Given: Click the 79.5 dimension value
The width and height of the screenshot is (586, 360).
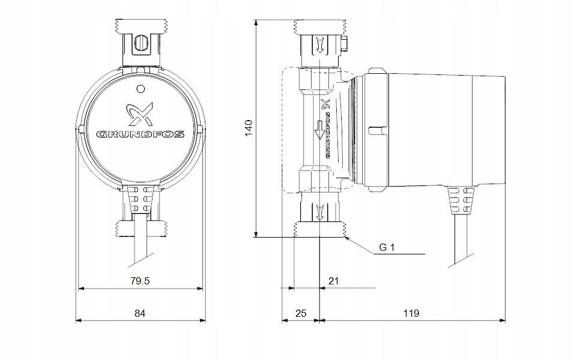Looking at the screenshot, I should click(141, 280).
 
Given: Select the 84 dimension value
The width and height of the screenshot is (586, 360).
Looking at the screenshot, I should click(141, 313).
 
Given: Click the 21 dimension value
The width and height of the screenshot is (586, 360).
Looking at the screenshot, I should click(334, 280).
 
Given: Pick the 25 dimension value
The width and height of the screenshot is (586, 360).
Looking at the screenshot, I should click(301, 313).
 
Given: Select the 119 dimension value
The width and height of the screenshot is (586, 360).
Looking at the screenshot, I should click(411, 313).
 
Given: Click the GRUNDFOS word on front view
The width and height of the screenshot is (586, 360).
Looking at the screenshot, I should click(140, 134).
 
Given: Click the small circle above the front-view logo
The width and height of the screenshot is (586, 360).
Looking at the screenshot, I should click(140, 89).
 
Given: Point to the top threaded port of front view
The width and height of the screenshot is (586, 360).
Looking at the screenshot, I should click(140, 28).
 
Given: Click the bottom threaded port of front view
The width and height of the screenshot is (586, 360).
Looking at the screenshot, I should click(140, 229).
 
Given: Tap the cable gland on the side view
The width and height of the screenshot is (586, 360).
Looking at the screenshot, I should click(462, 199).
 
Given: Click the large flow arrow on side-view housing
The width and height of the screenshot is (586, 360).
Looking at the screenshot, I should click(319, 129).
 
